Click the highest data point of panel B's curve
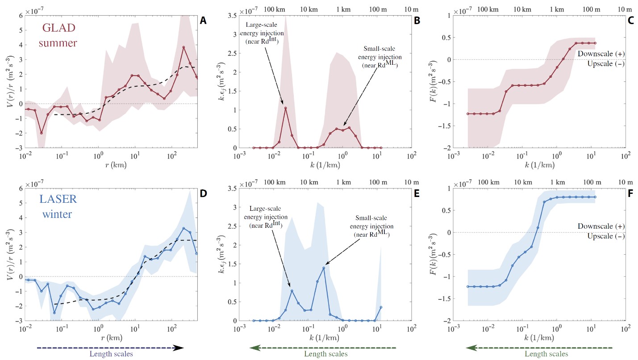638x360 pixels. tap(285, 108)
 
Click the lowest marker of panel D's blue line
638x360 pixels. tap(54, 313)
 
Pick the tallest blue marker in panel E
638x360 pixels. tap(323, 268)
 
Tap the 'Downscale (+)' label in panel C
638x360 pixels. tap(601, 54)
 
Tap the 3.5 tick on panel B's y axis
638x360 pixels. tap(231, 15)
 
